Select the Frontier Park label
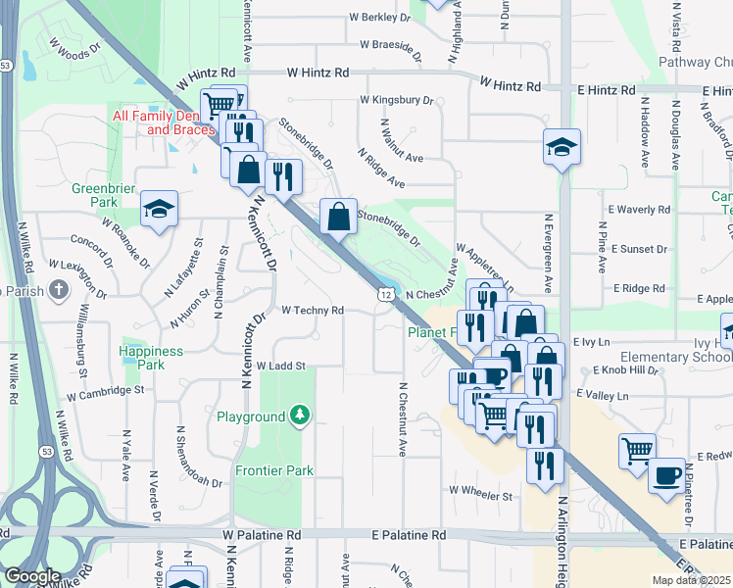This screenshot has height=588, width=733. point(274,470)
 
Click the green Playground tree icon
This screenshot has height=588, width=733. point(300,417)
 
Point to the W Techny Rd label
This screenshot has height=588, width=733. point(313,311)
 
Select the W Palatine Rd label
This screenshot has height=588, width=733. point(262,535)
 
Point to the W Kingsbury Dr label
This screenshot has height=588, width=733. point(397,100)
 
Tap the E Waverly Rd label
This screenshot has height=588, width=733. point(639,210)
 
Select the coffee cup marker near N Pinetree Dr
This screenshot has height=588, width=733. point(667,475)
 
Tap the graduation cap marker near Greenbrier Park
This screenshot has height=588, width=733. point(158,208)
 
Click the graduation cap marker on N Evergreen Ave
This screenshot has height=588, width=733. point(562,147)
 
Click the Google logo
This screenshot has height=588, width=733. point(32,576)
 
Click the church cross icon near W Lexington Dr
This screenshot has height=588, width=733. point(60,290)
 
